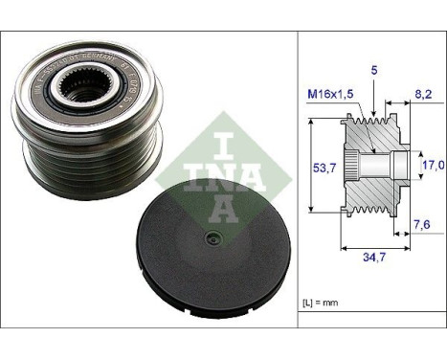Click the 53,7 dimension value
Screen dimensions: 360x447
327,167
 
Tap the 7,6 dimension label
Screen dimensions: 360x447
420,226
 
